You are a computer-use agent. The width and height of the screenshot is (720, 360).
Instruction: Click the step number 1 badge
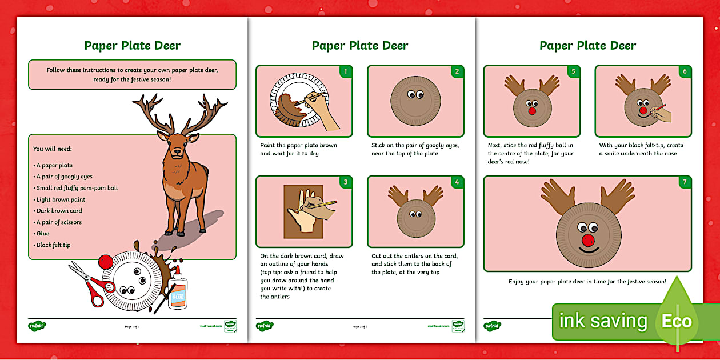(345, 72)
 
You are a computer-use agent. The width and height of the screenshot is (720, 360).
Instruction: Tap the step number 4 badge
(456, 183)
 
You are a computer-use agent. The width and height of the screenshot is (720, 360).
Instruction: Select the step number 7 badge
(684, 183)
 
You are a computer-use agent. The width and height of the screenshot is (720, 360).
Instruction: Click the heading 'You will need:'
(52, 149)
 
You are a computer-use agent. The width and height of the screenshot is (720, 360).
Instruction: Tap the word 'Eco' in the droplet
(677, 321)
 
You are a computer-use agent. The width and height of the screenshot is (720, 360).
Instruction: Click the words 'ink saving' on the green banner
(603, 321)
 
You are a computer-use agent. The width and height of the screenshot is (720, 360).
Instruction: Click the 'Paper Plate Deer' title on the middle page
(360, 46)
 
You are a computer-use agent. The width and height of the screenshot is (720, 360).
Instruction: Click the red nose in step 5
(532, 109)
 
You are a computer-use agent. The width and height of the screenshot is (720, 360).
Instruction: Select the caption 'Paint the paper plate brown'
(298, 145)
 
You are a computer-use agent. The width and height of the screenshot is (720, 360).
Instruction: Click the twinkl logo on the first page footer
(37, 326)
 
